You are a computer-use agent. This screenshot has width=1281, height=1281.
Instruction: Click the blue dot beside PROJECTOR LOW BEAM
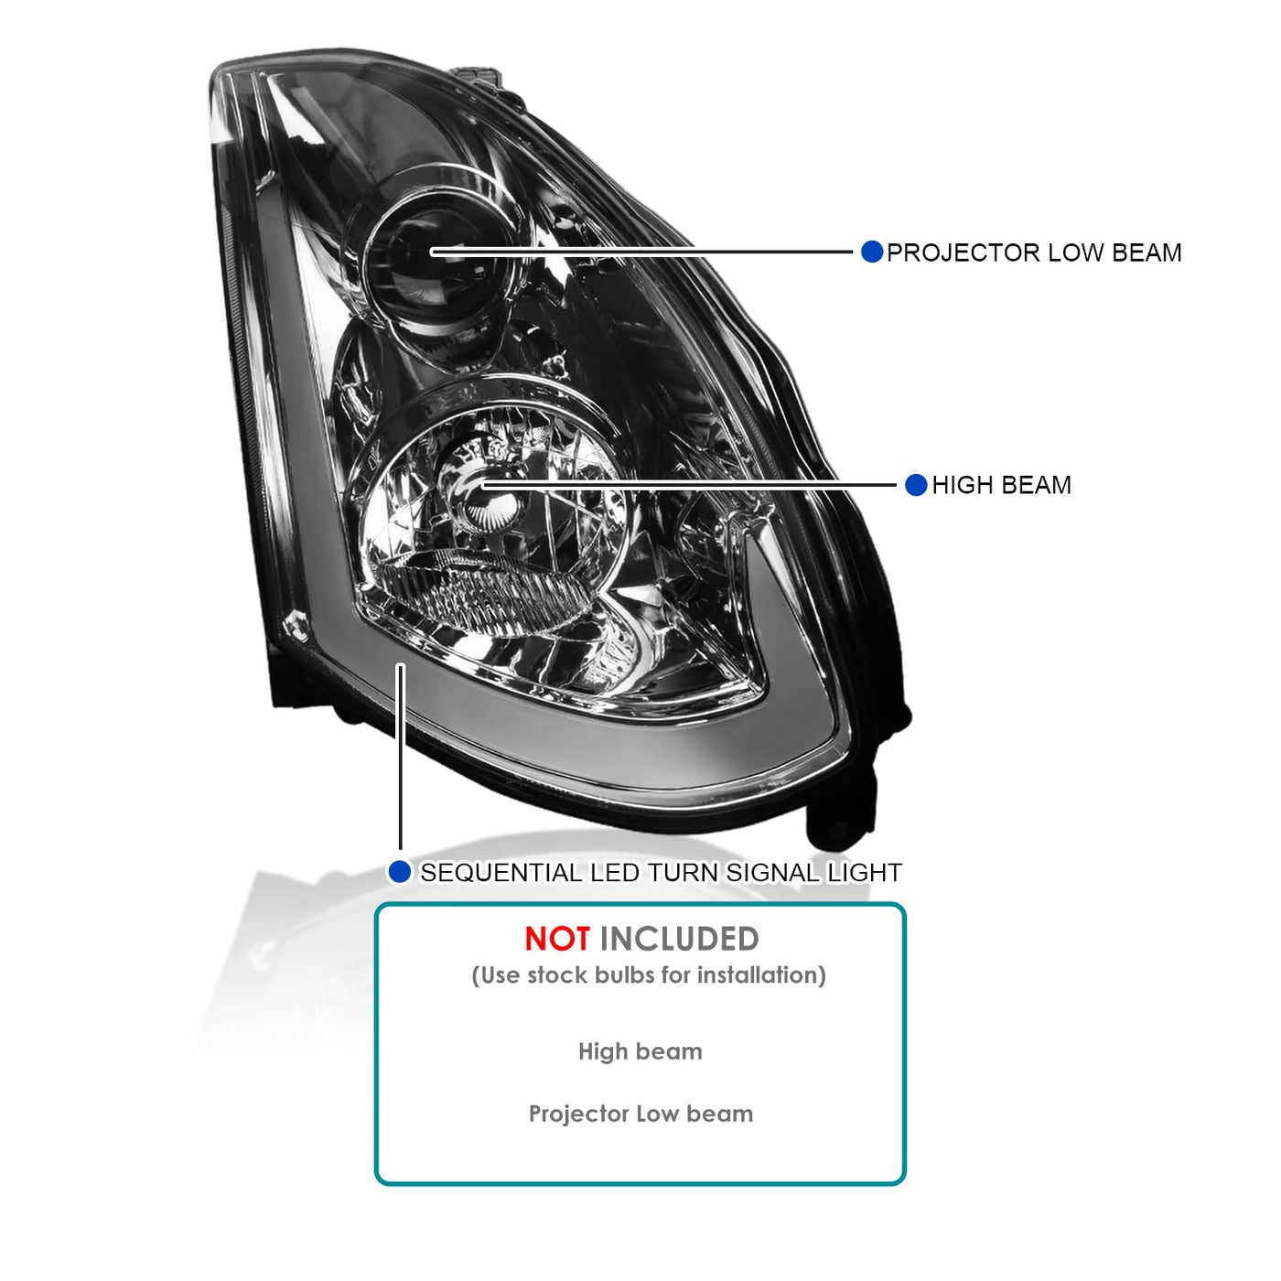click(871, 252)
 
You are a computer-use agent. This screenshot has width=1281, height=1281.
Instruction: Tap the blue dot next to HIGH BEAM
click(916, 485)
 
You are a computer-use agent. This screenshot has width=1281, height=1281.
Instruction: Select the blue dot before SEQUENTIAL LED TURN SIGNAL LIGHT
click(400, 872)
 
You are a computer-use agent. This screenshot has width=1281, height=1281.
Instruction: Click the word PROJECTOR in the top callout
click(963, 253)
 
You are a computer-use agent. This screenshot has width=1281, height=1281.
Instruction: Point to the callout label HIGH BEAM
click(1002, 485)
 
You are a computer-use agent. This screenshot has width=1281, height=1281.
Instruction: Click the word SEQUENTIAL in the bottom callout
click(501, 873)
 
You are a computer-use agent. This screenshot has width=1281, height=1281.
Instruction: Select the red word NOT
click(557, 940)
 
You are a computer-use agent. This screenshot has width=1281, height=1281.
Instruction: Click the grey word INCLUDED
click(680, 940)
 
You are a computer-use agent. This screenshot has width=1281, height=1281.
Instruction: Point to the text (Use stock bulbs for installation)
click(649, 975)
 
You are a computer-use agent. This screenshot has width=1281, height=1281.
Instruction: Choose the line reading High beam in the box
click(640, 1051)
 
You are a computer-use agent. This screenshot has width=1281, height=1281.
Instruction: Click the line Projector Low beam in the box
click(640, 1114)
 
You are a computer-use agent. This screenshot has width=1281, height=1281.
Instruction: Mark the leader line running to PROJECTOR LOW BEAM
click(641, 252)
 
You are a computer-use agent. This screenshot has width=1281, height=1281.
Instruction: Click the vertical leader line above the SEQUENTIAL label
click(400, 757)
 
